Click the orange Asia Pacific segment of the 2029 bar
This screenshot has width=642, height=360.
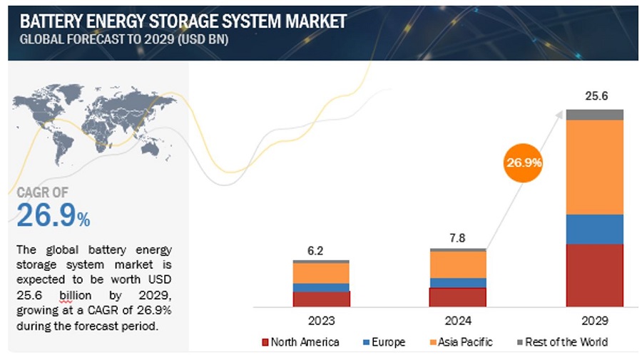click(594, 167)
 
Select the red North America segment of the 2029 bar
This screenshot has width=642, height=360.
click(594, 275)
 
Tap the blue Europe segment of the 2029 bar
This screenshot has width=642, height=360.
click(594, 229)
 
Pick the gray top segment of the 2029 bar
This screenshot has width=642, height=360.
click(594, 114)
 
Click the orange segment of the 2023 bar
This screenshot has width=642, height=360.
click(321, 273)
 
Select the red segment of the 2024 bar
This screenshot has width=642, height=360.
click(457, 297)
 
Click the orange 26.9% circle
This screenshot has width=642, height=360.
click(524, 163)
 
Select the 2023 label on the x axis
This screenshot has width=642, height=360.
click(321, 321)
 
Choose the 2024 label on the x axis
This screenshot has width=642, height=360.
click(457, 321)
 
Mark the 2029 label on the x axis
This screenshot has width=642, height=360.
click(594, 321)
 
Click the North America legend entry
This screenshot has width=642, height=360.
click(300, 342)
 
